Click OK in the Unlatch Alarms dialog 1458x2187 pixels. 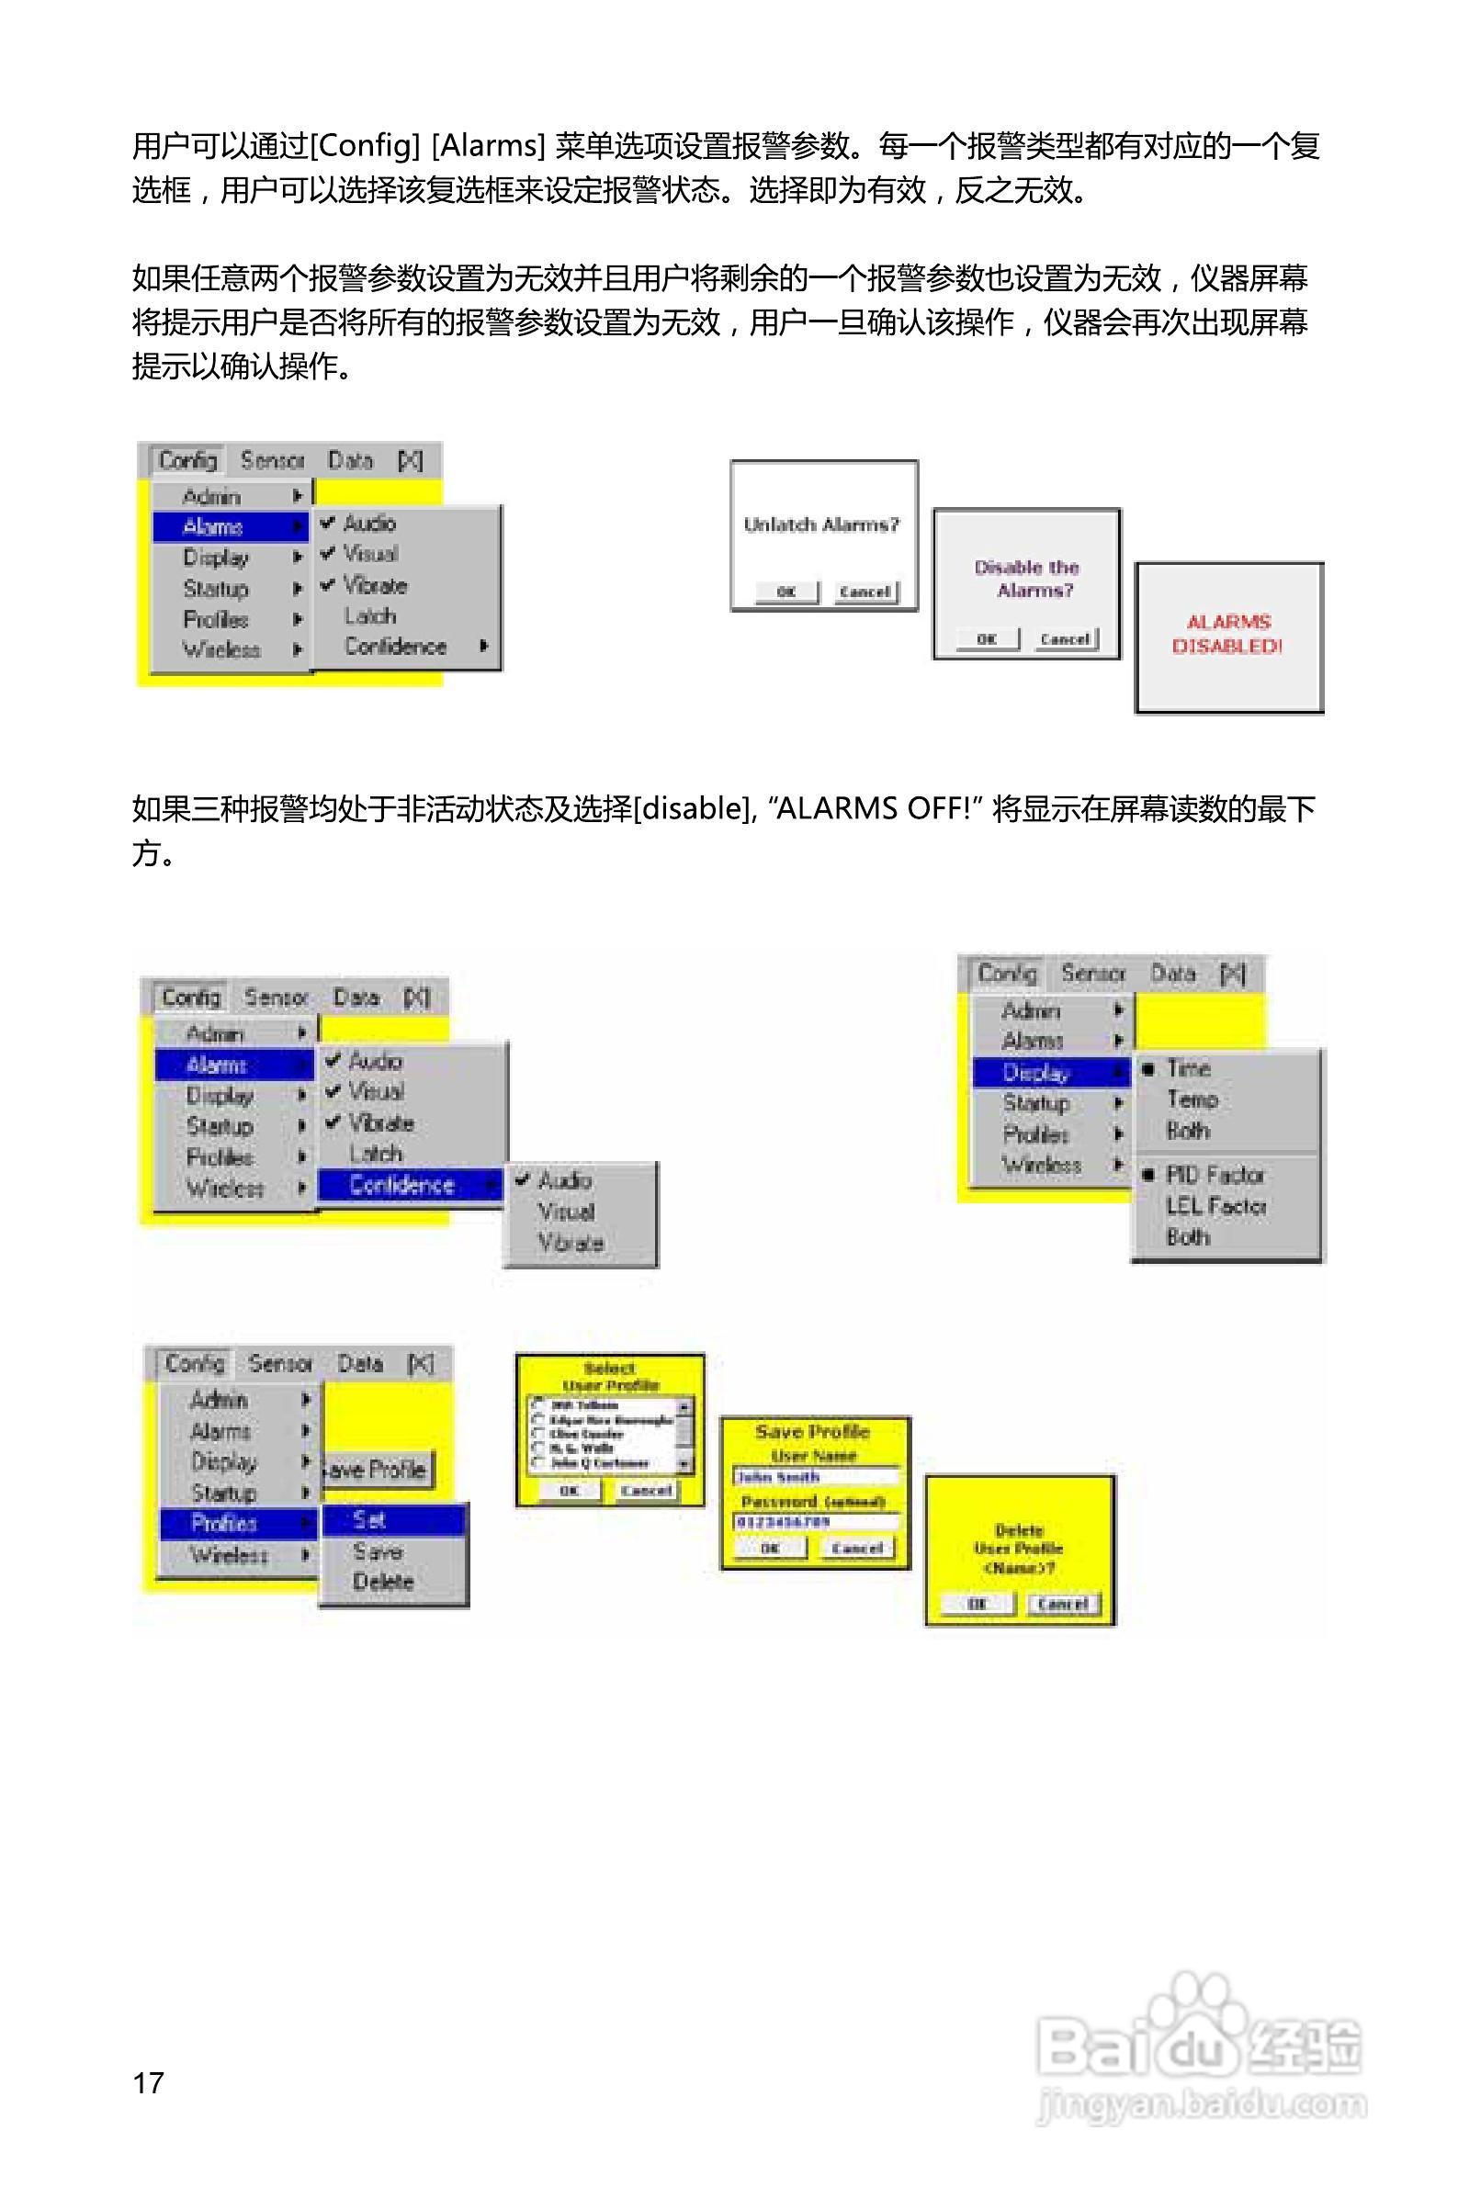(786, 592)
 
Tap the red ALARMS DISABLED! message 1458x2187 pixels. (1227, 634)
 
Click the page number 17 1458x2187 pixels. (149, 2083)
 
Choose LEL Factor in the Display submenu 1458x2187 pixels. (1215, 1205)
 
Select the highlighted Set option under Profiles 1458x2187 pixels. (369, 1520)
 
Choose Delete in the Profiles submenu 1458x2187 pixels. (382, 1581)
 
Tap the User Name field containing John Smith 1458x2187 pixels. (816, 1477)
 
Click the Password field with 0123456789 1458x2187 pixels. (816, 1521)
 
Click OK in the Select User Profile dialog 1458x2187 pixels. (569, 1491)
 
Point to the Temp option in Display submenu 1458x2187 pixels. (1192, 1099)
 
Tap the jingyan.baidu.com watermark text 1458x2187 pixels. (1202, 2103)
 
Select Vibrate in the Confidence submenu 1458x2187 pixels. (570, 1243)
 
